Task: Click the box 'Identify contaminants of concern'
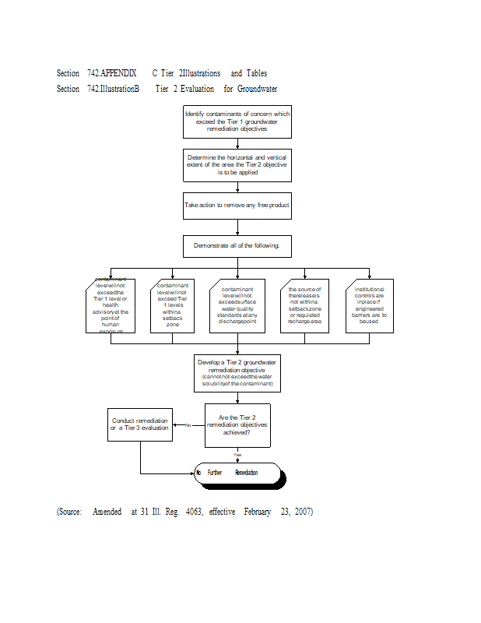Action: [x=237, y=121]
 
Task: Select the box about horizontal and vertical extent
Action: [x=237, y=165]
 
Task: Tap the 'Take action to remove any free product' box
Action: [x=237, y=206]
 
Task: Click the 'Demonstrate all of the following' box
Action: [x=237, y=246]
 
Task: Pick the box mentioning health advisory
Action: [x=111, y=305]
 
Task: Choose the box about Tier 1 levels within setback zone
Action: [x=172, y=305]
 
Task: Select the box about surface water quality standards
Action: [x=237, y=305]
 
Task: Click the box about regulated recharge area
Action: [x=304, y=305]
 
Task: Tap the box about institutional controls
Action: [x=369, y=305]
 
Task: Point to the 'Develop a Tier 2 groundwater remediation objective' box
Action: [x=237, y=375]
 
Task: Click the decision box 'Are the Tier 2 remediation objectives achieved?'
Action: [x=237, y=425]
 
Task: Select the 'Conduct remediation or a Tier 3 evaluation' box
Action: [x=139, y=424]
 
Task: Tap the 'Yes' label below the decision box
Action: [x=237, y=455]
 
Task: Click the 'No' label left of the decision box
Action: [x=188, y=425]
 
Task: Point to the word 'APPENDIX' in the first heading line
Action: [x=118, y=73]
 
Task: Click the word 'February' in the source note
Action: [x=257, y=512]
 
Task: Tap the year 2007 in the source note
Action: [x=304, y=512]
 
